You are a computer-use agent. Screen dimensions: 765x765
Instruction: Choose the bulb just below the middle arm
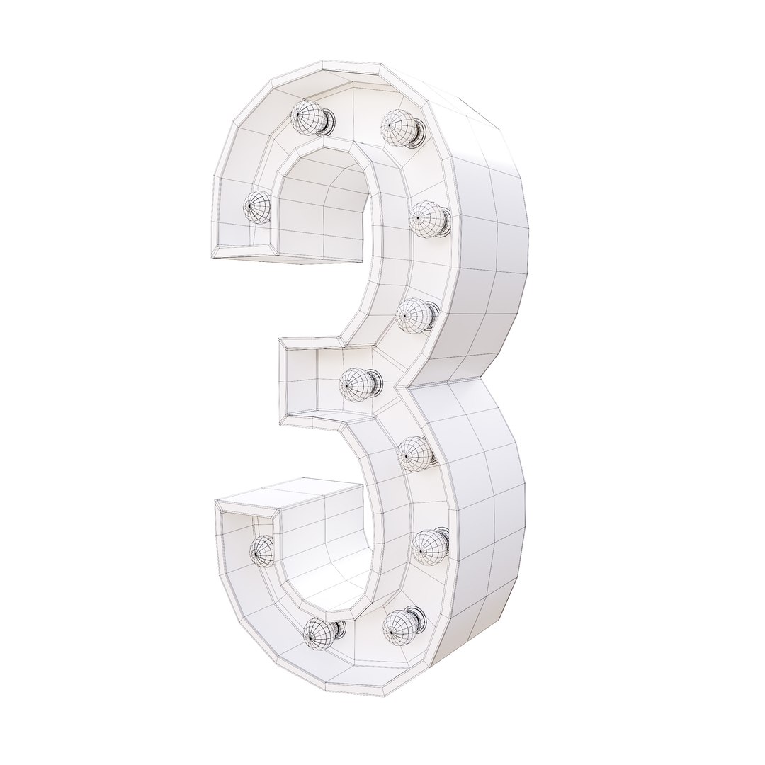click(414, 450)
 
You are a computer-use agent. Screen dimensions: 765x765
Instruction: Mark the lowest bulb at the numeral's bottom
click(320, 632)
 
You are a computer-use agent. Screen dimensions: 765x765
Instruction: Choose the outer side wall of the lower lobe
click(489, 524)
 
